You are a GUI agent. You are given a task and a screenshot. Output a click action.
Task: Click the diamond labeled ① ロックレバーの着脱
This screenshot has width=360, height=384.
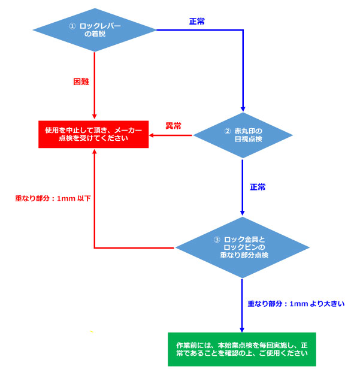(95, 30)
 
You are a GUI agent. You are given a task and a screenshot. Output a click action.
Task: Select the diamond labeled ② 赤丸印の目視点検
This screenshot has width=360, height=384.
(243, 135)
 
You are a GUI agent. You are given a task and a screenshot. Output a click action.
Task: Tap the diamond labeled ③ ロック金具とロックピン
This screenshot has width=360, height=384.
(243, 247)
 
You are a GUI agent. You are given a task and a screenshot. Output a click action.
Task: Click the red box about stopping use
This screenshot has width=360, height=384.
(93, 134)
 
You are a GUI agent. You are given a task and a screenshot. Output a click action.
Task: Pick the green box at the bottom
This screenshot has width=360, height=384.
(242, 349)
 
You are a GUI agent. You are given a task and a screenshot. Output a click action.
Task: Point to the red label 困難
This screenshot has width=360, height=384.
(81, 81)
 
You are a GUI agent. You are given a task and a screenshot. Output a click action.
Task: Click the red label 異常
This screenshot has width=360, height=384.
(173, 126)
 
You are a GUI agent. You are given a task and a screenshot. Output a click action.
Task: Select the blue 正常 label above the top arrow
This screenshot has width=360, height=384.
(197, 22)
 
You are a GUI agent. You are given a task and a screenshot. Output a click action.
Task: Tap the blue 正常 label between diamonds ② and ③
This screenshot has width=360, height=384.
(258, 187)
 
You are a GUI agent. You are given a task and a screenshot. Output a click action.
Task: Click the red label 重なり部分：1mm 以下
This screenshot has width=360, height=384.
(53, 198)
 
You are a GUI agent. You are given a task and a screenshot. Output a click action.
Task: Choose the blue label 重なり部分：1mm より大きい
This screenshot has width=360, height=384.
(296, 304)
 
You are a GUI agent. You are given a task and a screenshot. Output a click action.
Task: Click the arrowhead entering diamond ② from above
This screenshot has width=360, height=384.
(243, 109)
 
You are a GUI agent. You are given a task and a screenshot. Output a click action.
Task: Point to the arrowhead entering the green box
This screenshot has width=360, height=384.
(242, 330)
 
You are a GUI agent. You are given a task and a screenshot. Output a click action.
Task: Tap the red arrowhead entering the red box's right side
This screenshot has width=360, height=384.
(152, 135)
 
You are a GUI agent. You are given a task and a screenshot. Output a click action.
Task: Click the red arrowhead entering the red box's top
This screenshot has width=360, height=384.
(95, 116)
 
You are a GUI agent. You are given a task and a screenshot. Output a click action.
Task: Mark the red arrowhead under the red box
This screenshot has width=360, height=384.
(94, 152)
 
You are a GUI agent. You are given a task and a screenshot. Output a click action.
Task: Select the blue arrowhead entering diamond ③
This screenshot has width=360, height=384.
(243, 213)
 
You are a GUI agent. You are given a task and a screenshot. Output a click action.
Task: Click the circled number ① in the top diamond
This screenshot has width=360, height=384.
(72, 26)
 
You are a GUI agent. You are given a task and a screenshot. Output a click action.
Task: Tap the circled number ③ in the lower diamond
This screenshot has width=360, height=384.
(217, 240)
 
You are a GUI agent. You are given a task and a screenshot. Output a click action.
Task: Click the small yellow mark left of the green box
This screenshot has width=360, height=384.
(92, 331)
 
